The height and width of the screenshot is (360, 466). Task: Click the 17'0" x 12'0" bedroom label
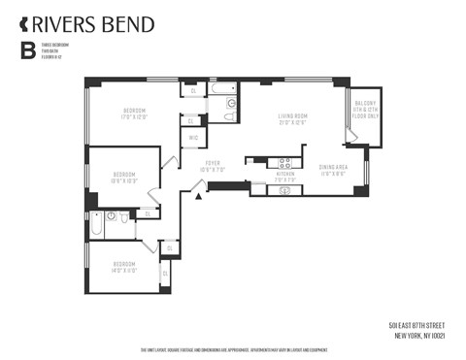pos(133,113)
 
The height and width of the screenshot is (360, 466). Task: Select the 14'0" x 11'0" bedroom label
pos(123,266)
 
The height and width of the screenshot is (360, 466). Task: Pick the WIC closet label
pos(193,138)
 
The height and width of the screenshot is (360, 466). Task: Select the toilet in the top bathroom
pos(229,116)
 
